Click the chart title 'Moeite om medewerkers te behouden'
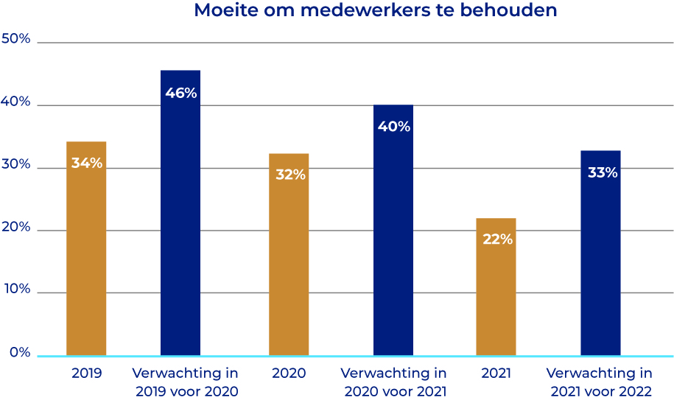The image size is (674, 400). (375, 11)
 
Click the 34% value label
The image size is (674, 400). (86, 163)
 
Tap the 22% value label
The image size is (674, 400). (496, 239)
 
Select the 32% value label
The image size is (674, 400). (289, 175)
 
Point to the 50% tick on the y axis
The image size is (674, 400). (16, 39)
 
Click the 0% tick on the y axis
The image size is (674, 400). (19, 353)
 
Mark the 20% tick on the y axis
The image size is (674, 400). (16, 228)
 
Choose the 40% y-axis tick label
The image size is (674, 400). (16, 102)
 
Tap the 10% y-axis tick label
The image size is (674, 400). (16, 290)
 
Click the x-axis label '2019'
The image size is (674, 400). (86, 373)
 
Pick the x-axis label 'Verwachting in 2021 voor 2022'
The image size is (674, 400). (598, 382)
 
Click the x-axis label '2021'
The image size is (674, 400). (496, 373)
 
